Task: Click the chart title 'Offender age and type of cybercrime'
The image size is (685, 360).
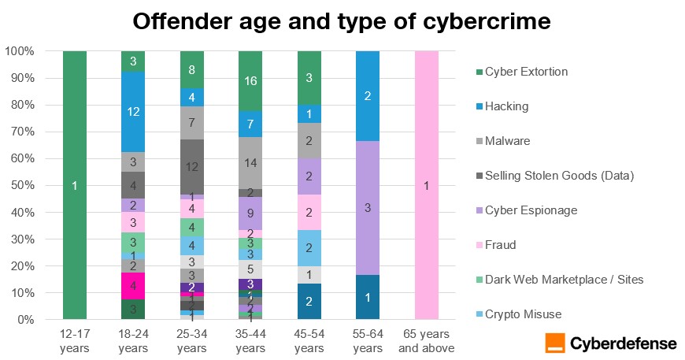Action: point(342,21)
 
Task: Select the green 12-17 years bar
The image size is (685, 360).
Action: point(75,185)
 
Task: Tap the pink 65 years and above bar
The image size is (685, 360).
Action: point(427,185)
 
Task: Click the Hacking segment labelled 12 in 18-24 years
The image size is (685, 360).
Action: point(133,112)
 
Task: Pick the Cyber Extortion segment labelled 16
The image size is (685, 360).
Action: point(250,80)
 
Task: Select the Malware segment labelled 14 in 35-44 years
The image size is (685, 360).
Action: point(250,163)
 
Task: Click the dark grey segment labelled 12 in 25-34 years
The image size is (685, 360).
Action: point(192,167)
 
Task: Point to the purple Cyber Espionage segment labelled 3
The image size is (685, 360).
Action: point(368,208)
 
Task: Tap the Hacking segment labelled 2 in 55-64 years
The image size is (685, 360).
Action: point(368,96)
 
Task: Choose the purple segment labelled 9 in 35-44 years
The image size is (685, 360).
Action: point(250,213)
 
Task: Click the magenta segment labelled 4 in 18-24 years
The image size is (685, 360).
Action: point(133,285)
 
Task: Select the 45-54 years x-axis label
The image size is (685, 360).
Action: point(309,342)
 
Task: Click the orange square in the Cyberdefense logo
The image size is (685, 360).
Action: point(554,343)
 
